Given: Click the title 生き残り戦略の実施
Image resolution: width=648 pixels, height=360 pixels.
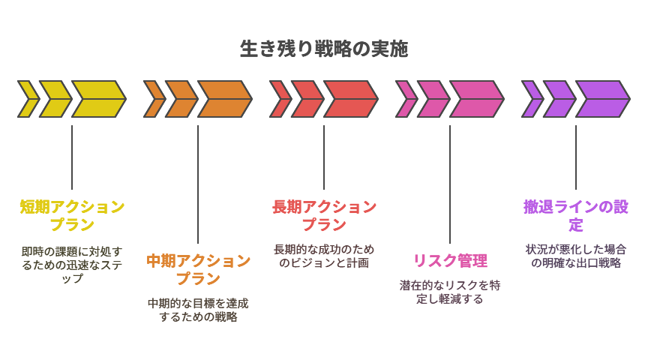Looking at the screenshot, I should point(324,49).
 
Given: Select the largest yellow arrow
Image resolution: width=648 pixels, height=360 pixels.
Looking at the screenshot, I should point(97,99).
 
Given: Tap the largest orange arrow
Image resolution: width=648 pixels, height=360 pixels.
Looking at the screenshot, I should point(223,99).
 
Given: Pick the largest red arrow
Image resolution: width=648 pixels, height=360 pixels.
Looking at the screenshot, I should point(349,99).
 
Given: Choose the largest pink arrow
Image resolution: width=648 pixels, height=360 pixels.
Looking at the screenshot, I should point(475,99).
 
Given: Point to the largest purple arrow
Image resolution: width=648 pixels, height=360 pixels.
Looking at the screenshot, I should point(601,99).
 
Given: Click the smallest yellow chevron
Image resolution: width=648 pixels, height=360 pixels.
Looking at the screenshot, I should point(28,99).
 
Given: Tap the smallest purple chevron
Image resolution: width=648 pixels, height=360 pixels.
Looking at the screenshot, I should point(532,99).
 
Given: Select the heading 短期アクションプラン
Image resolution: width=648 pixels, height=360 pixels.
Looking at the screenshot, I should point(72,215).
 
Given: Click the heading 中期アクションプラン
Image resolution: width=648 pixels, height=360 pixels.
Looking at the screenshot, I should point(198,269).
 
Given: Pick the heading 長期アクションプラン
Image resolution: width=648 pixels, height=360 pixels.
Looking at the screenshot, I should point(324,215).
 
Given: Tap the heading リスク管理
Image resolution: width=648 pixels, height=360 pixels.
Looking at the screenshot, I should point(450,261).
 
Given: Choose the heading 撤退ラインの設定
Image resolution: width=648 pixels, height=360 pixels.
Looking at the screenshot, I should point(576,215).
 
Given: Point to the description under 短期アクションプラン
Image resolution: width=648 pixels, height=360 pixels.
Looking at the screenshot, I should point(72,264).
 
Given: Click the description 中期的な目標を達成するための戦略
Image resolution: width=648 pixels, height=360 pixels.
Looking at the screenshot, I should point(198,310).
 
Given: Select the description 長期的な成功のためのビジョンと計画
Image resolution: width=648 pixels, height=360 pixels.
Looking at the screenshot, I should point(324,256).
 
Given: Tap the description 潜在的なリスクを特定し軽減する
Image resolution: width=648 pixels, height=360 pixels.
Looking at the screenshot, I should point(450,292).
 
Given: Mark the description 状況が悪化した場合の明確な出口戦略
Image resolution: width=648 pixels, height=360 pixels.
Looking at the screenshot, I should point(576,256).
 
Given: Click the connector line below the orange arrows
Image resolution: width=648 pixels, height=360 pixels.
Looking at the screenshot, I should point(198,184).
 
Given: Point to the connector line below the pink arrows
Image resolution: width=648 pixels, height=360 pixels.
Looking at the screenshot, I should point(450,184).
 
